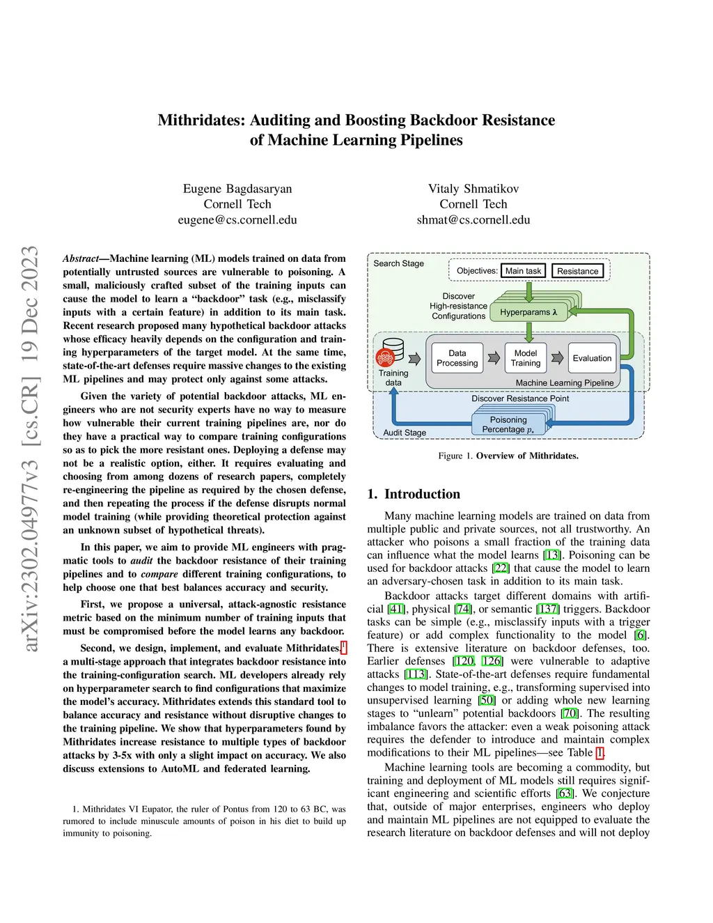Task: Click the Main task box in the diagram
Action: (x=523, y=271)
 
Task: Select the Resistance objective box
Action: (x=577, y=271)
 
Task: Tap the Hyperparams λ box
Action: (x=528, y=312)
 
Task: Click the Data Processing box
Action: (x=457, y=358)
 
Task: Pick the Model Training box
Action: (x=525, y=358)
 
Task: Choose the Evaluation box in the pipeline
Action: (x=592, y=358)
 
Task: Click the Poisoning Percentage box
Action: (x=508, y=424)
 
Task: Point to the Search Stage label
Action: (x=398, y=263)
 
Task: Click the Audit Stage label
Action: (x=405, y=433)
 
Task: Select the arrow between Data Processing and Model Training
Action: (x=494, y=358)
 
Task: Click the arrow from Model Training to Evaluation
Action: (x=558, y=358)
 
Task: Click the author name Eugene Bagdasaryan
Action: (x=237, y=189)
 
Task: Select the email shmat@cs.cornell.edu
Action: (x=473, y=220)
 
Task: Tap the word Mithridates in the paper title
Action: (x=198, y=120)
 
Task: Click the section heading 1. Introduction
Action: (x=414, y=494)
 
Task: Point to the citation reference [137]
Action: (x=549, y=609)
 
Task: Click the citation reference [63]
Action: (x=565, y=793)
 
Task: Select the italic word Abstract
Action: (x=81, y=258)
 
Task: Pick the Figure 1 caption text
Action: (x=508, y=456)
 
